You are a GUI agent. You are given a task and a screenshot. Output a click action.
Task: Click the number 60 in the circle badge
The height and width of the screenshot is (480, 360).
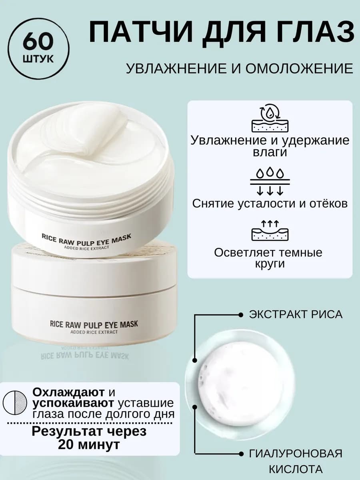point(40,42)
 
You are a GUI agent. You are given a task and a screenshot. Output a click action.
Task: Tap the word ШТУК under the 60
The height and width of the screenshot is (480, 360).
point(40,59)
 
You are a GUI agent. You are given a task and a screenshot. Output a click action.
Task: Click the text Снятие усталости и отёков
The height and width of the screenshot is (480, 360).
point(270,204)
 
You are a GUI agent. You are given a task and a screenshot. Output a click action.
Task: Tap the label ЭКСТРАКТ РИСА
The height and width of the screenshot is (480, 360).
point(296,314)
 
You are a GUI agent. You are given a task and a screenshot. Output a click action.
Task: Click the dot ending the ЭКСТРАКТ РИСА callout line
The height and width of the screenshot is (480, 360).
point(240,315)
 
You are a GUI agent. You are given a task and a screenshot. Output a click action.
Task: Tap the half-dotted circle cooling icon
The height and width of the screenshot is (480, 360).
point(15,402)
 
